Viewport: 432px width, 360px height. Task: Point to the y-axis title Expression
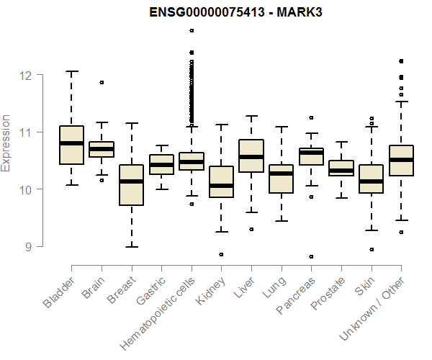6,143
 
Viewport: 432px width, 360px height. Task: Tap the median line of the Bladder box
71,143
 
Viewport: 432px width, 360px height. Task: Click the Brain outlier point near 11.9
102,82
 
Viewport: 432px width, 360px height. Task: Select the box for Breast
131,185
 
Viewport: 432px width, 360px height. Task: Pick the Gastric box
161,165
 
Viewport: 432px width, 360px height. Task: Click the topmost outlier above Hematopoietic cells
192,30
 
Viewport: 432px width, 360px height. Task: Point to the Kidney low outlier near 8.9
221,254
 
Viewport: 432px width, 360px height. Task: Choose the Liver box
251,156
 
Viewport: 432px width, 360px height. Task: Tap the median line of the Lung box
281,174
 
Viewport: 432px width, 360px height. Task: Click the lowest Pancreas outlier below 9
311,256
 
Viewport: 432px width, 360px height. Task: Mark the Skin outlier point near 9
371,249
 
